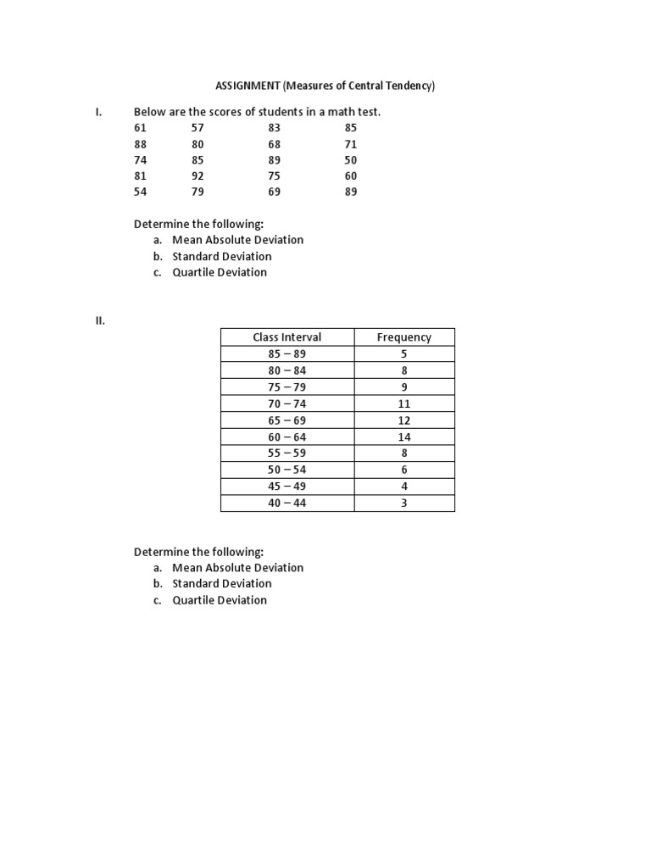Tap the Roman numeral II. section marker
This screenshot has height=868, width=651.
[x=99, y=320]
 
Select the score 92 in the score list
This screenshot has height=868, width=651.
[x=198, y=175]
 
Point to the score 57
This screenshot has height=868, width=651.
[x=198, y=127]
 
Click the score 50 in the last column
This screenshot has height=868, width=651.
[x=351, y=159]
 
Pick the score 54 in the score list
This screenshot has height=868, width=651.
[x=141, y=192]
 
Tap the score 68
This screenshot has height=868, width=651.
[x=274, y=143]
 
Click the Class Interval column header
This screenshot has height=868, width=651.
[x=287, y=337]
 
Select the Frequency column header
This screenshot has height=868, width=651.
[x=404, y=337]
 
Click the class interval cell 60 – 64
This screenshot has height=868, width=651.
[x=287, y=437]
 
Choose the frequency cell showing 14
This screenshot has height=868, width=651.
[x=404, y=437]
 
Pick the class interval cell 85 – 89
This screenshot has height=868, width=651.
[x=287, y=353]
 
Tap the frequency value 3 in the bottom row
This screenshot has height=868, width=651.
[x=404, y=503]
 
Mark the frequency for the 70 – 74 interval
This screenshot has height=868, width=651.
[x=404, y=403]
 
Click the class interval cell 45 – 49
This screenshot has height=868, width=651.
[x=287, y=487]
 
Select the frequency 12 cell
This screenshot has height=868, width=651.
[x=404, y=420]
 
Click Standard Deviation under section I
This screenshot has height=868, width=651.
[x=222, y=256]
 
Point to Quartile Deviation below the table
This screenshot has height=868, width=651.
[x=220, y=600]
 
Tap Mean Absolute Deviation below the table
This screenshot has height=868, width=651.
[x=237, y=567]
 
